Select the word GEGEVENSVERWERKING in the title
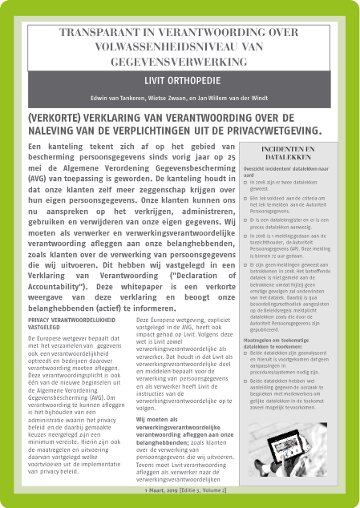pyautogui.click(x=180, y=61)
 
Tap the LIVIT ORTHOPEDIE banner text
pyautogui.click(x=180, y=81)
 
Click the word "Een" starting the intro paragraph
pyautogui.click(x=36, y=147)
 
